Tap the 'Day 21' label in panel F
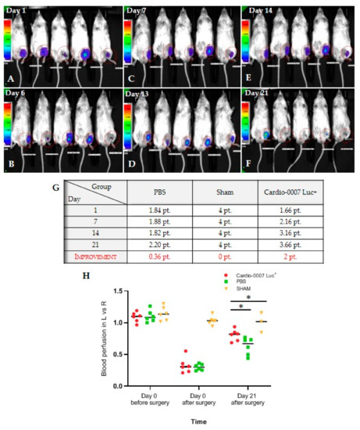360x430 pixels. (260, 93)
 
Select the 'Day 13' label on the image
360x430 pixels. (143, 93)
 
